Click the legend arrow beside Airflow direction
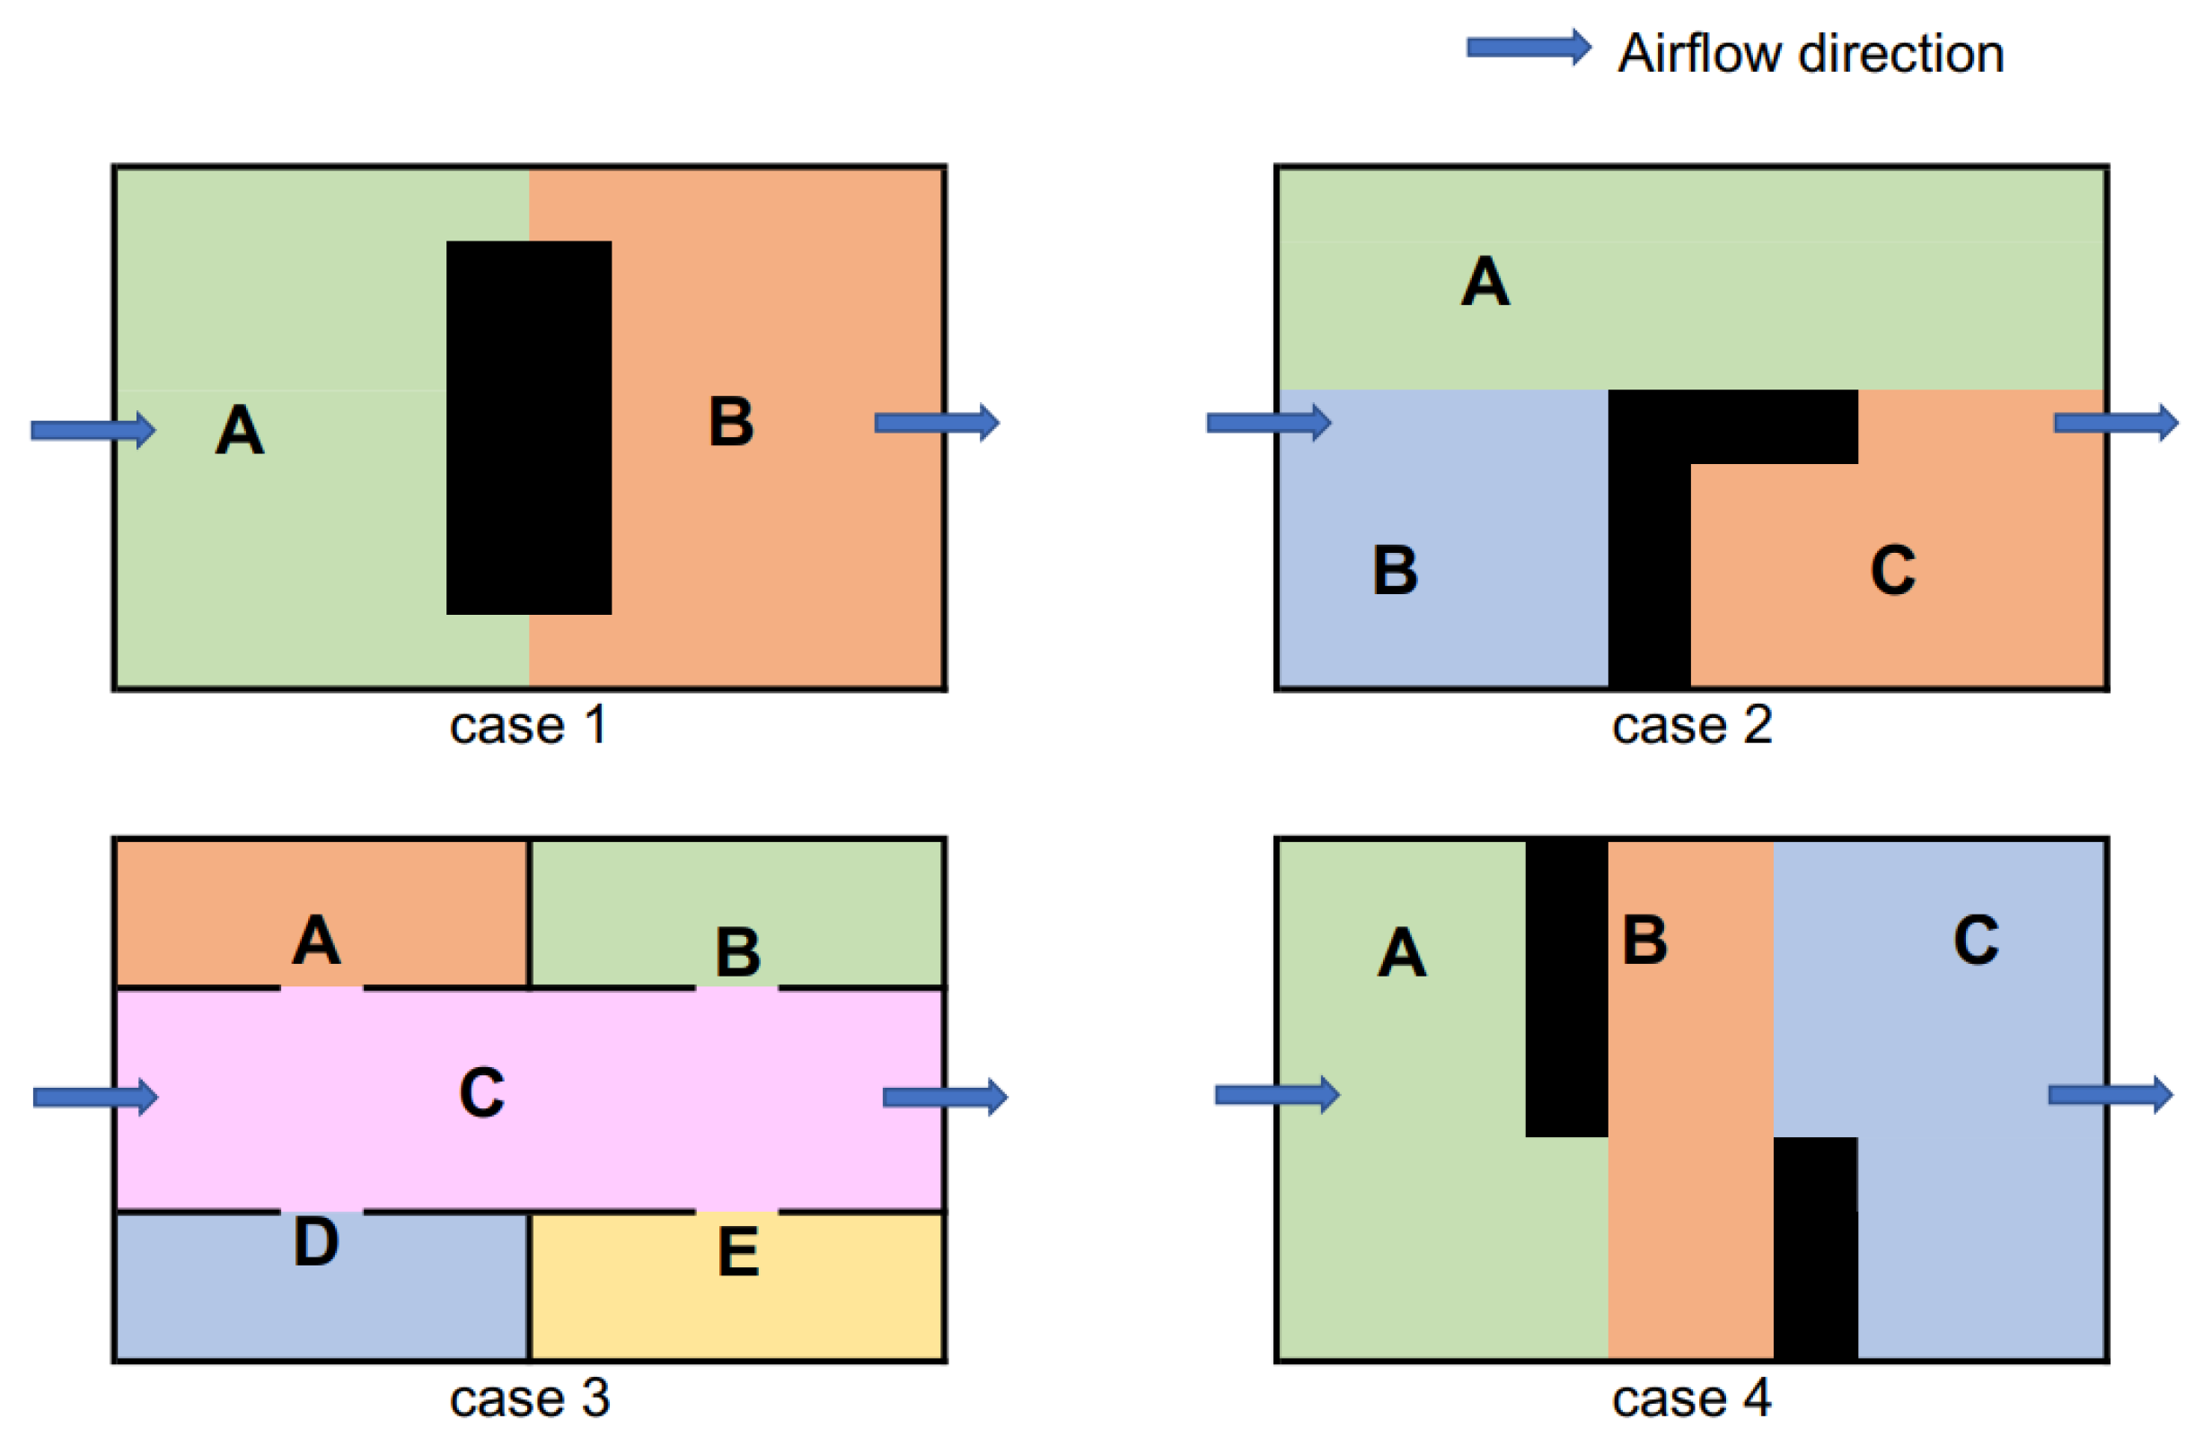pos(1528,48)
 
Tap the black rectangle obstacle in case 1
pos(528,427)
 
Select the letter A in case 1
pos(240,431)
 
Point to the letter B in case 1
pos(731,422)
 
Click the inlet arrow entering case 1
pos(93,431)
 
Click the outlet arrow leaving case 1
pos(936,423)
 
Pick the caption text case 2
pos(1691,726)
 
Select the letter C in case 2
pos(1892,571)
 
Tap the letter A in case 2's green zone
pos(1485,281)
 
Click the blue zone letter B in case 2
pos(1395,571)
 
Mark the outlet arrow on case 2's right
pos(2115,423)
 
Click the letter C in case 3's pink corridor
pos(481,1093)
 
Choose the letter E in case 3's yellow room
pos(738,1252)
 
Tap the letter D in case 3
pos(316,1242)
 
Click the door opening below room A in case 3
pos(322,988)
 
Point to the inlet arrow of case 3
pos(95,1097)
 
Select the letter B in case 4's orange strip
pos(1644,940)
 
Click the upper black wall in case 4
pos(1566,986)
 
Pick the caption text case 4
pos(1691,1399)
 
